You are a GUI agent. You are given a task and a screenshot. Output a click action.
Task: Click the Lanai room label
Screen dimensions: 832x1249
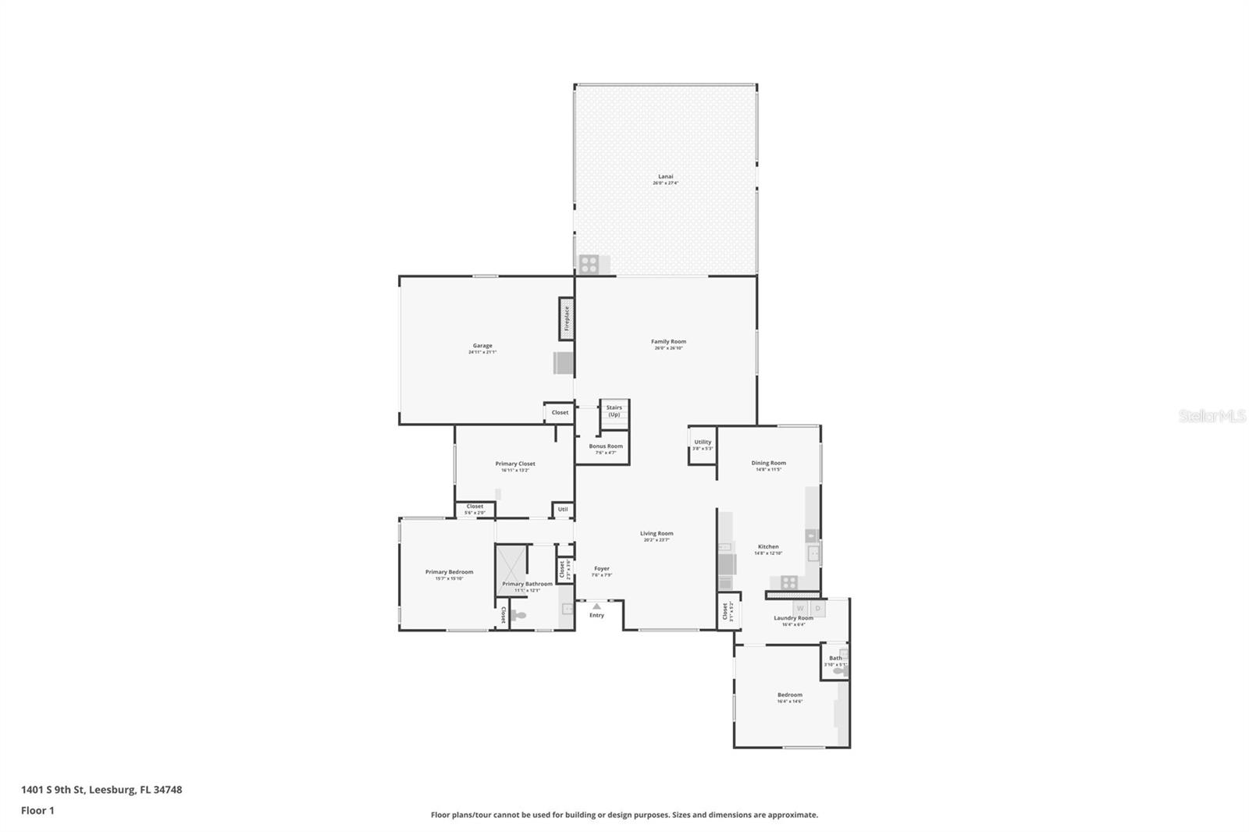(x=665, y=176)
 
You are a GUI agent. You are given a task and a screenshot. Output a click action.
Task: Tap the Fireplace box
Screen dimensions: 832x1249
(x=567, y=318)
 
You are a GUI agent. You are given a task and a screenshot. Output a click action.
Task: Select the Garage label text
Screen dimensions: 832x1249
(x=482, y=346)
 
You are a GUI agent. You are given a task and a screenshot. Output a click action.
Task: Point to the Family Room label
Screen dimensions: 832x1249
(x=668, y=341)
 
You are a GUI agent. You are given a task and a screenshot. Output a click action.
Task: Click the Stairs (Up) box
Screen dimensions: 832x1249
(x=614, y=411)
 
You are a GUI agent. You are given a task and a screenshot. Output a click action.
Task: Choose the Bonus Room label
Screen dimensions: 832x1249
(x=606, y=446)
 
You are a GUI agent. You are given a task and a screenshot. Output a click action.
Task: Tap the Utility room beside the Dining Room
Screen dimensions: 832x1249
(x=703, y=445)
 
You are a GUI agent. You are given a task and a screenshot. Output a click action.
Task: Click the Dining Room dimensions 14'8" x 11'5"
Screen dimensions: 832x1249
(x=768, y=470)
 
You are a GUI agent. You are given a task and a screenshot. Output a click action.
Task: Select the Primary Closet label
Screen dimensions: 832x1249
(x=515, y=464)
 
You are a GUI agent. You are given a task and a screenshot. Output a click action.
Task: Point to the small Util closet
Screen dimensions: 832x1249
(x=563, y=510)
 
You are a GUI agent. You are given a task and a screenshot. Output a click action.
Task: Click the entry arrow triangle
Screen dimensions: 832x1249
(x=596, y=606)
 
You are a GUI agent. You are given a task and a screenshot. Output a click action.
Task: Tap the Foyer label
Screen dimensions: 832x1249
(x=601, y=568)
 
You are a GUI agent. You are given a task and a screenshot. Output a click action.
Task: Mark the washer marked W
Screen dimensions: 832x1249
(x=800, y=608)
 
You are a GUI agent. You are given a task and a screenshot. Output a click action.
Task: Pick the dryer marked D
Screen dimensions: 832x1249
(x=818, y=608)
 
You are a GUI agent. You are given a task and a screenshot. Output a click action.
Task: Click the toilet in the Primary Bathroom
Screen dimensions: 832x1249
(x=518, y=616)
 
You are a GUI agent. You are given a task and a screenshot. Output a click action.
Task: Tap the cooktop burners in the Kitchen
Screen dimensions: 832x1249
(x=789, y=581)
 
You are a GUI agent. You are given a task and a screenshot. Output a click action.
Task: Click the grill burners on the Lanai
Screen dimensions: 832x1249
(x=589, y=265)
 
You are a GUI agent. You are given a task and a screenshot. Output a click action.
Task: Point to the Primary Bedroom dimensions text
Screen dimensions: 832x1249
(x=449, y=578)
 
